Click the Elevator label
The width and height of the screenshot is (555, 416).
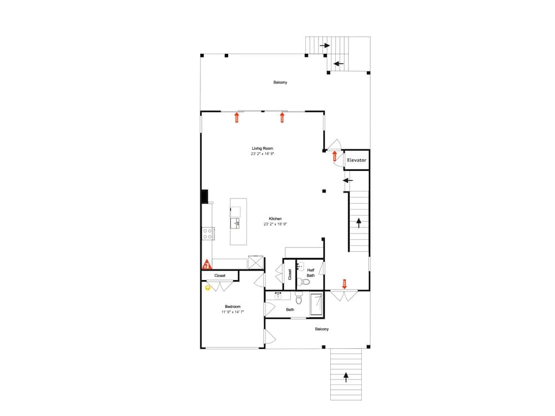[x=356, y=160]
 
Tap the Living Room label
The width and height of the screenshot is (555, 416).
[x=262, y=149]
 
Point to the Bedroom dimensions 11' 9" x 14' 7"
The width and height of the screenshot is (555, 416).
[x=232, y=312]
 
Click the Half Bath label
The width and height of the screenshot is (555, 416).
[x=311, y=272]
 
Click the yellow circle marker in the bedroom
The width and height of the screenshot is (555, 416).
[x=208, y=287]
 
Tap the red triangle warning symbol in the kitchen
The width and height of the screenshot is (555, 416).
[x=206, y=265]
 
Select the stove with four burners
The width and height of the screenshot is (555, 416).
[x=208, y=234]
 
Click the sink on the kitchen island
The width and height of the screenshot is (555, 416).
[x=236, y=223]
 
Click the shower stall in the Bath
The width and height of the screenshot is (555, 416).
[x=316, y=304]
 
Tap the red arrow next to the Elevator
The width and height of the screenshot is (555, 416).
[x=335, y=156]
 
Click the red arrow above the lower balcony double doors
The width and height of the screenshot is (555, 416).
[x=344, y=283]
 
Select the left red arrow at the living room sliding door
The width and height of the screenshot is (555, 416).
[x=237, y=117]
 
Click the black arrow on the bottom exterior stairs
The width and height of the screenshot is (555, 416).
[x=346, y=377]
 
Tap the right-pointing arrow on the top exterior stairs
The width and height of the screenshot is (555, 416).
[x=325, y=45]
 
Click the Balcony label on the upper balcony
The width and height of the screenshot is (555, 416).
[x=280, y=83]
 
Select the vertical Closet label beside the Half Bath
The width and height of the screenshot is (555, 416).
[x=290, y=274]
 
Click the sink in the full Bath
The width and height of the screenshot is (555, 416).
[x=278, y=296]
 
